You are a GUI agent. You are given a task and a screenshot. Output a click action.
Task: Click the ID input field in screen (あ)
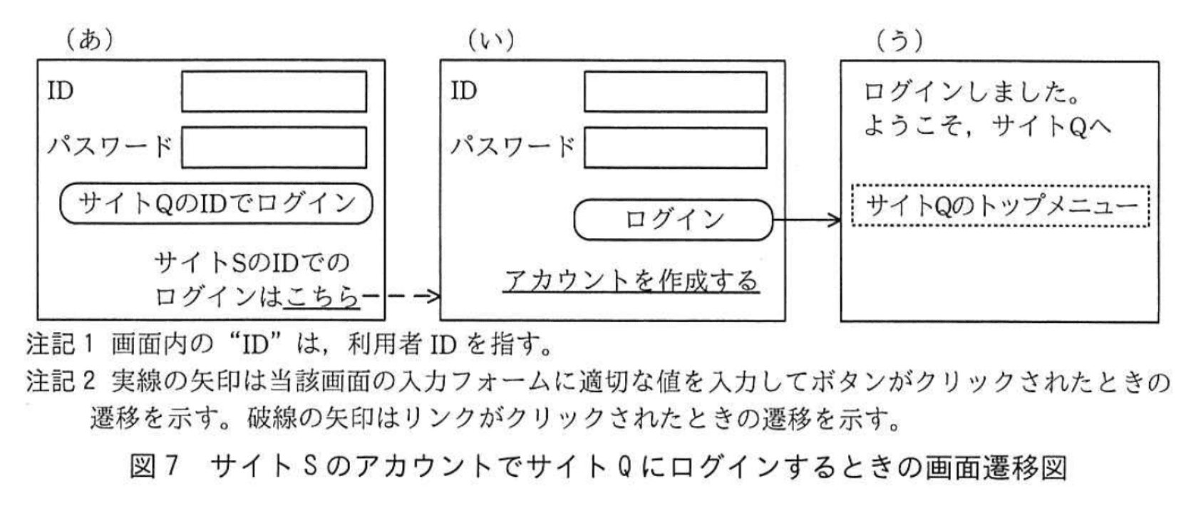click(274, 91)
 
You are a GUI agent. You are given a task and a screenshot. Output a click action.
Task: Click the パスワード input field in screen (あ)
click(274, 147)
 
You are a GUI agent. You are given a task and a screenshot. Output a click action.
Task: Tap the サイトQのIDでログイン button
click(216, 204)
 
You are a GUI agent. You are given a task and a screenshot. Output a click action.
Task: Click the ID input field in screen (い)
click(675, 91)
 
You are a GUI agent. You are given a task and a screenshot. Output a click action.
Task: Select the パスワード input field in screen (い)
click(675, 147)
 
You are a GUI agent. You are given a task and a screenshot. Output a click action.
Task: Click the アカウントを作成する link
click(631, 280)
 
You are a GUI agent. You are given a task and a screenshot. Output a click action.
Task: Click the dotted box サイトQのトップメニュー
click(1000, 206)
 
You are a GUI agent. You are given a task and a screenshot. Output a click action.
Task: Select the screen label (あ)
click(90, 40)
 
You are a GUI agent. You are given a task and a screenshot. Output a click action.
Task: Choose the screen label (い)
click(490, 40)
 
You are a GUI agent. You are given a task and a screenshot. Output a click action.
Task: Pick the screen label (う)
click(899, 40)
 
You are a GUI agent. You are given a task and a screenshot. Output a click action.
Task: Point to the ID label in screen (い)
click(464, 91)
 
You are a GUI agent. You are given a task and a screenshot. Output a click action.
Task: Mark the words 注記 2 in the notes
click(61, 382)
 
